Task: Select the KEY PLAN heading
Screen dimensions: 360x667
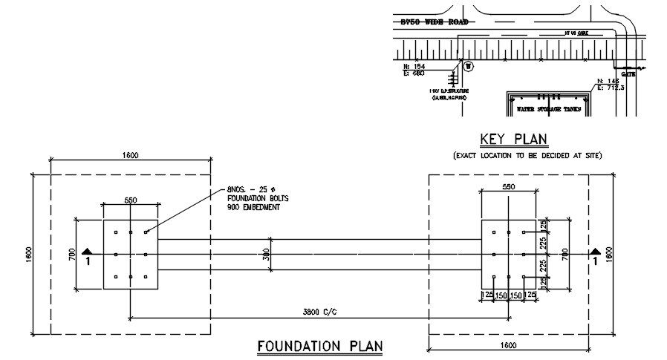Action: click(513, 139)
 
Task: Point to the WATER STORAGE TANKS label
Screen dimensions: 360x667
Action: click(550, 108)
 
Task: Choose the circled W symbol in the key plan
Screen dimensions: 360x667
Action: click(467, 66)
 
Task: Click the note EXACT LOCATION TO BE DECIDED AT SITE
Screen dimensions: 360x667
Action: click(527, 155)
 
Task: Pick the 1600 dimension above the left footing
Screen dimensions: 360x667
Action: click(131, 155)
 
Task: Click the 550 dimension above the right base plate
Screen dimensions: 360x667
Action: click(508, 187)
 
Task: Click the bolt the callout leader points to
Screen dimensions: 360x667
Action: click(146, 232)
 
